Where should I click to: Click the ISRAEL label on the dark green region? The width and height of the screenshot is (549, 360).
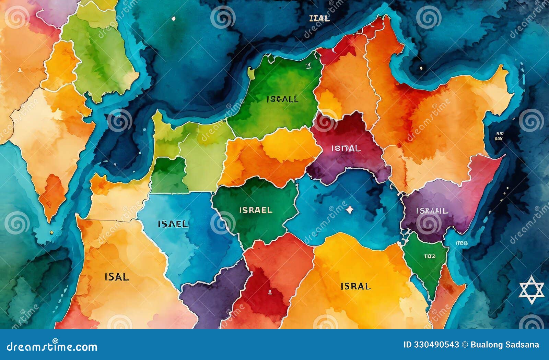[256, 210]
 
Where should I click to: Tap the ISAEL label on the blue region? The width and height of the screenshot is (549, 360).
[173, 224]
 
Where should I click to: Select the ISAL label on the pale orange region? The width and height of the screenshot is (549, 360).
[117, 277]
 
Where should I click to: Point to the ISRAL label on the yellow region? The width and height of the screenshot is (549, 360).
[355, 286]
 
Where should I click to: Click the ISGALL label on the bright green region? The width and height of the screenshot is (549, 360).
[282, 99]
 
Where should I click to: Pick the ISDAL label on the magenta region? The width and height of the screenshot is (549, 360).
[346, 148]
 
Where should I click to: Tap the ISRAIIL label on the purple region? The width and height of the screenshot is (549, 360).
[432, 211]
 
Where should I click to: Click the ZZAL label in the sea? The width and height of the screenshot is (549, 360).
[319, 19]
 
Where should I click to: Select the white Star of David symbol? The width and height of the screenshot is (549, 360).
[532, 290]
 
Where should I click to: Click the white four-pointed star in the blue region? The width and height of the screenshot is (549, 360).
[349, 209]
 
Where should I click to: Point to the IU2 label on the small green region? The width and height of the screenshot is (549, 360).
[430, 256]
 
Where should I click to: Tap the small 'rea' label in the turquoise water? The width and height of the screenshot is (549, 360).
[462, 243]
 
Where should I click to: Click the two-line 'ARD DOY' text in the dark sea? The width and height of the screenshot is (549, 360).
[499, 136]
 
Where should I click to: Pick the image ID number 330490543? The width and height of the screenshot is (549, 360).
[435, 345]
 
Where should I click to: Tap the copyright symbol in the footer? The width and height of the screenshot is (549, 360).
[465, 345]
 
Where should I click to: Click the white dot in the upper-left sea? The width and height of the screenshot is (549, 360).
[173, 19]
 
